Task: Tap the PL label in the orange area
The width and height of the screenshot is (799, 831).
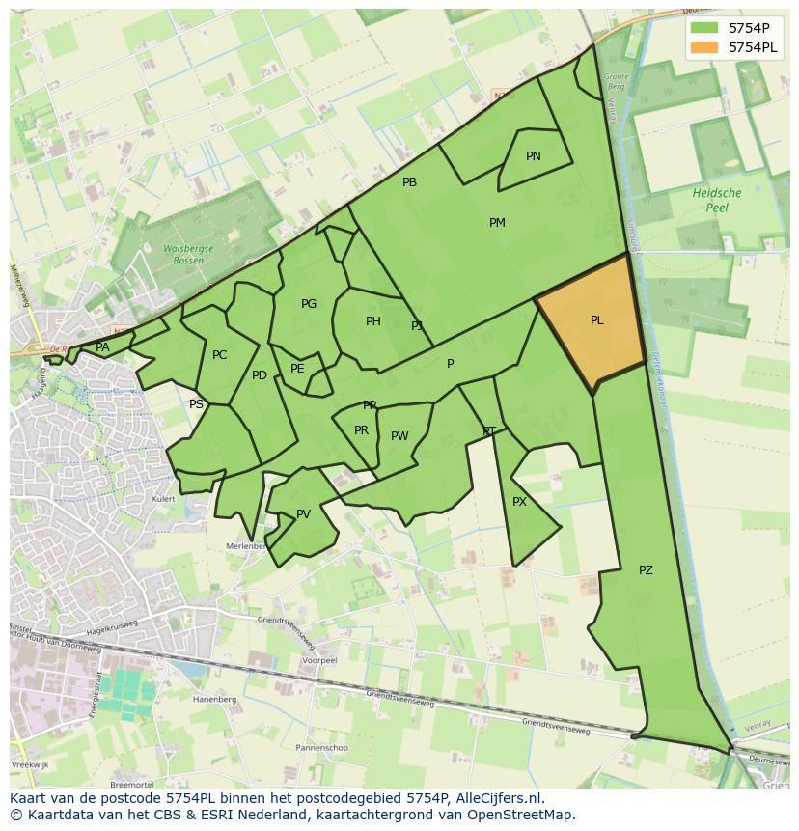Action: coord(597,320)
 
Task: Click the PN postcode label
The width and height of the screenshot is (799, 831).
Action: coord(534,156)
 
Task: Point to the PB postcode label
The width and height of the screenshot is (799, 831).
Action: coord(410,182)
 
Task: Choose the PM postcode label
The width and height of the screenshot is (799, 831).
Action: coord(497,223)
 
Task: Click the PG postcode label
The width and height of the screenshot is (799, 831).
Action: coord(309,304)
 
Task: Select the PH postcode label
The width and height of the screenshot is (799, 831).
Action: coord(373,321)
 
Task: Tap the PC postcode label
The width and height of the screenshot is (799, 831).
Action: coord(220,355)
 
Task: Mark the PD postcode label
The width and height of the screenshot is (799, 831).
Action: coord(260,375)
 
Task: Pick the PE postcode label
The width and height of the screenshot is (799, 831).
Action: coord(297,369)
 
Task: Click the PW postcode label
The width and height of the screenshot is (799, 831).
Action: coord(399,436)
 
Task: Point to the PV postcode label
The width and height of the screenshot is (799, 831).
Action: coord(304,514)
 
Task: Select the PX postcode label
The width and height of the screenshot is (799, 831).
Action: coord(520,502)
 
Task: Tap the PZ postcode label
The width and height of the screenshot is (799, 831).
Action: coord(646,570)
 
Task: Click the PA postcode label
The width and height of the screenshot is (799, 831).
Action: coord(102,347)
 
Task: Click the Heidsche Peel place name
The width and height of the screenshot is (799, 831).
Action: coord(717,200)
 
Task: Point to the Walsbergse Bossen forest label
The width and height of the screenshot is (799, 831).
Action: coord(182,254)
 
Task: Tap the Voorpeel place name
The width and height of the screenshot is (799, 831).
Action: coord(318,661)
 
